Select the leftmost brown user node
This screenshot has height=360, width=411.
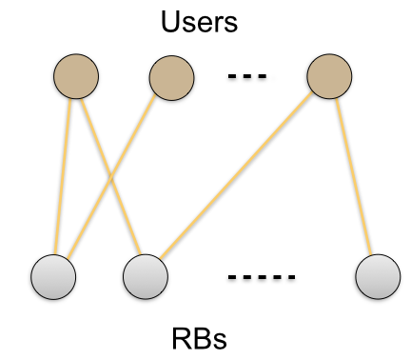[x=76, y=74]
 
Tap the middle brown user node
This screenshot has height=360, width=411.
[x=173, y=74]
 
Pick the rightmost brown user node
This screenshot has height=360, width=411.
[x=330, y=74]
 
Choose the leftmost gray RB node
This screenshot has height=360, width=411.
[x=53, y=276]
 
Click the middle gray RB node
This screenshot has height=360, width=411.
[x=146, y=276]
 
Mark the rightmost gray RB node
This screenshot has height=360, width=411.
[x=378, y=276]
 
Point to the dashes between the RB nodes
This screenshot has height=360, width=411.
[x=263, y=277]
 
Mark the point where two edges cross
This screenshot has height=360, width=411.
[x=110, y=176]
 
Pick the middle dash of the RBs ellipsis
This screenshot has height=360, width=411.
[x=263, y=277]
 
